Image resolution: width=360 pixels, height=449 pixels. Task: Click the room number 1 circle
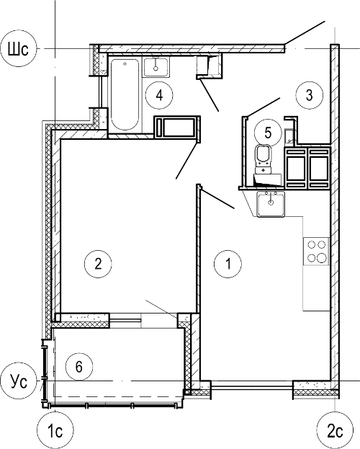pos(228,264)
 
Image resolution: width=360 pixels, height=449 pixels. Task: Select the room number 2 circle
pos(98,264)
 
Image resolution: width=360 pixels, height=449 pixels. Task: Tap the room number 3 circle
pos(310,95)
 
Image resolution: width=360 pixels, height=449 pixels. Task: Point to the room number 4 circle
pos(159,95)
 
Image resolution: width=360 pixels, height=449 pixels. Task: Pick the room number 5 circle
pos(268,133)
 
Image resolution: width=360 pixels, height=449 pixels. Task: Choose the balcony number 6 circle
pos(79,366)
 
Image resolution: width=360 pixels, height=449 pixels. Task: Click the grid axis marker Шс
pos(18,49)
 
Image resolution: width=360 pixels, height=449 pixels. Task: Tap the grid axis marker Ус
pos(18,381)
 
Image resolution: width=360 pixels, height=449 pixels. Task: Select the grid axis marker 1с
pos(55,430)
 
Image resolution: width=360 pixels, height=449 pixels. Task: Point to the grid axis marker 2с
pos(335,430)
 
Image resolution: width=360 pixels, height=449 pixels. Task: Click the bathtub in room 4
pos(125,94)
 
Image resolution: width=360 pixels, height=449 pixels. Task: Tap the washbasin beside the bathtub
pos(156,67)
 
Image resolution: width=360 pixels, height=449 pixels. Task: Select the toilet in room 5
pos(264,159)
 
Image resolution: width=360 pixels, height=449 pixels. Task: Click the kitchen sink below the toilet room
pos(271,204)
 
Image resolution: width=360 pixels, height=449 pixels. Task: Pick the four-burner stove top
pos(316,251)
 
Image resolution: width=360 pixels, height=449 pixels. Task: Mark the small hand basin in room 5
pos(289,136)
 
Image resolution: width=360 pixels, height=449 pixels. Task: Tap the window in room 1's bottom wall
pos(251,385)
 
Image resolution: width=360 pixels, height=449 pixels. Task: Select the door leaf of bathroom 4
pos(210,95)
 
